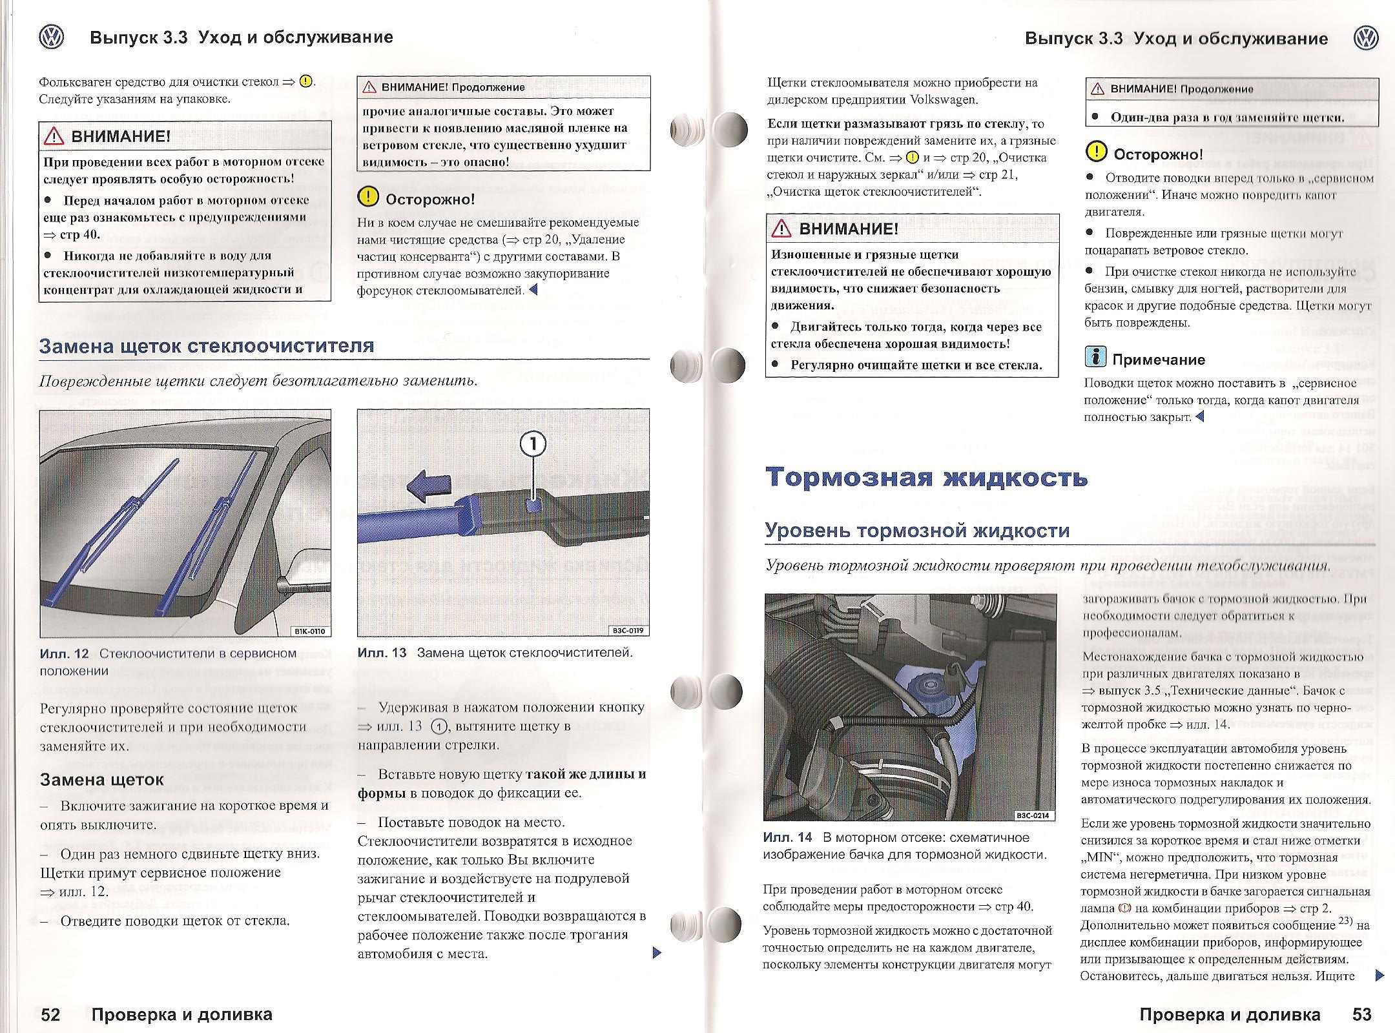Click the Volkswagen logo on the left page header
tap(52, 37)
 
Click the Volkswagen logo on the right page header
tap(1365, 38)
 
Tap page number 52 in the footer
tap(50, 1014)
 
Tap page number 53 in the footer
tap(1361, 1014)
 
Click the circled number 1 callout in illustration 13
tap(533, 445)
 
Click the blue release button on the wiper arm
tap(533, 506)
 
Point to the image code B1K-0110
tap(309, 631)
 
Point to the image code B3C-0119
tap(628, 631)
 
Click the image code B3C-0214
tap(1034, 815)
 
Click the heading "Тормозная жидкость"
tap(927, 478)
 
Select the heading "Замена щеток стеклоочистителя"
tap(207, 346)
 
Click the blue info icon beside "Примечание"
tap(1095, 357)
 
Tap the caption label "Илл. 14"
tap(787, 837)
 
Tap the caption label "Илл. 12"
tap(64, 653)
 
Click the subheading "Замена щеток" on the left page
tap(102, 780)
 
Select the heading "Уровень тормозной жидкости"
tap(917, 531)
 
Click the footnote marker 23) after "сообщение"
tap(1346, 921)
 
